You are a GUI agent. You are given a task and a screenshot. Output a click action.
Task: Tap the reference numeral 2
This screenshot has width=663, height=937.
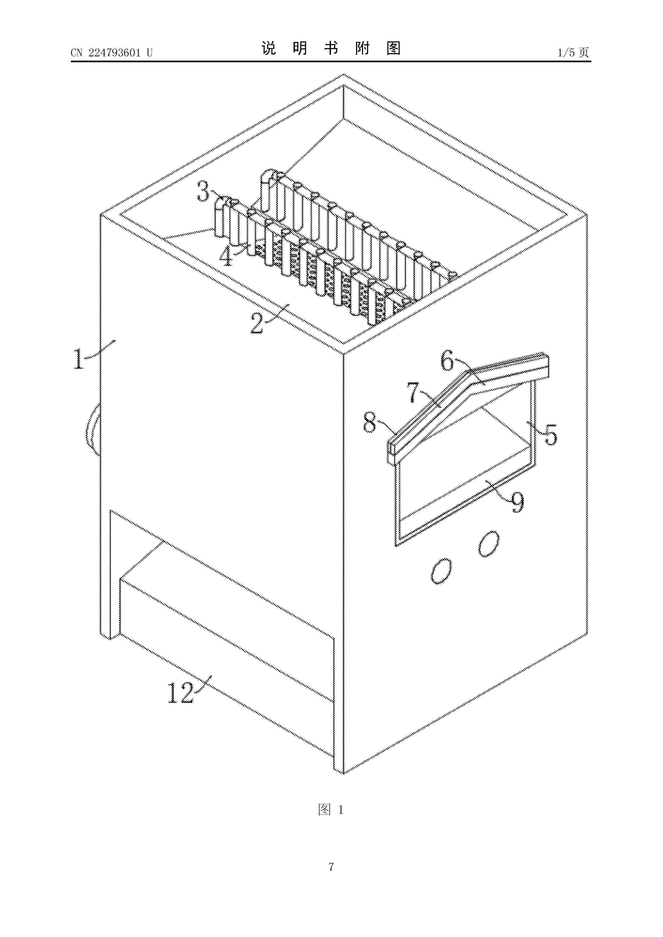[x=257, y=324]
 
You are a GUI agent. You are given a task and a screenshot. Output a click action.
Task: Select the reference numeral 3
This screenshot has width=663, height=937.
[x=203, y=192]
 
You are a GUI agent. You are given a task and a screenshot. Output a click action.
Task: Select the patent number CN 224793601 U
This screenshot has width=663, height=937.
[x=111, y=53]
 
